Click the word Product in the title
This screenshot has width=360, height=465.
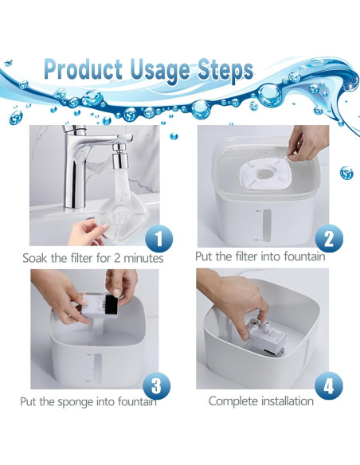[84, 69]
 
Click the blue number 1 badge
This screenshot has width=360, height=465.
[158, 238]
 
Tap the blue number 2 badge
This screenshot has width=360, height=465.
[329, 238]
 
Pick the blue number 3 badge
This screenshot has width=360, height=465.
[157, 385]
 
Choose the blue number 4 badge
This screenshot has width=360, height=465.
[329, 385]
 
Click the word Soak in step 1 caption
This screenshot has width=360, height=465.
[35, 258]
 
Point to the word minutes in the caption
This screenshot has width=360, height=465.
[143, 258]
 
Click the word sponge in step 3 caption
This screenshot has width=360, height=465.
[76, 402]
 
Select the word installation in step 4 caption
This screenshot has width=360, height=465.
[288, 401]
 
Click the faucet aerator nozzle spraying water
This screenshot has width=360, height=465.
[119, 157]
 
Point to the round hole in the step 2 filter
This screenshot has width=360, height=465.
[263, 172]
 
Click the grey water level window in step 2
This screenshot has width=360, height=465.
[267, 225]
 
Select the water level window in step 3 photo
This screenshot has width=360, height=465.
[97, 368]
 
